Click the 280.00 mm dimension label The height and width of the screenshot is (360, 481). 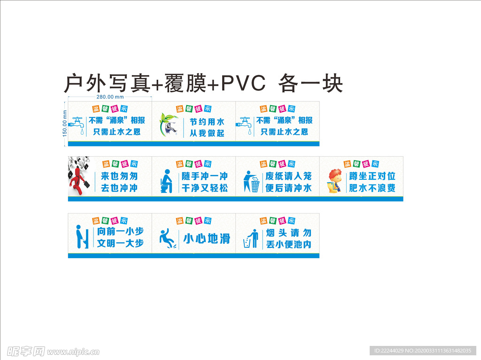tap(110, 97)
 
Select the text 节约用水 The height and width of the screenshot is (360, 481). tap(207, 122)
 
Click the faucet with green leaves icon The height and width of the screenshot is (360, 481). tap(169, 124)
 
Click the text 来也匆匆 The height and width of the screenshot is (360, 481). tap(119, 177)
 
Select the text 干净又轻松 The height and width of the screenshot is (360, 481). tap(205, 188)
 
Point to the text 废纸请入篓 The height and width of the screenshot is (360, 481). tap(288, 177)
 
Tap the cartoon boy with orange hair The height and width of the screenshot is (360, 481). tap(334, 181)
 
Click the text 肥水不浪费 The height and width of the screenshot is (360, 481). tap(372, 188)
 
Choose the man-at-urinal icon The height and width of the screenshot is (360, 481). tap(82, 236)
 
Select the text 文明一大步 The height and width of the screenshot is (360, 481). tap(120, 244)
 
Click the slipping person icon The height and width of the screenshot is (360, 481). tap(167, 238)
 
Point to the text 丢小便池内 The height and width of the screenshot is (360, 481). tap(288, 245)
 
